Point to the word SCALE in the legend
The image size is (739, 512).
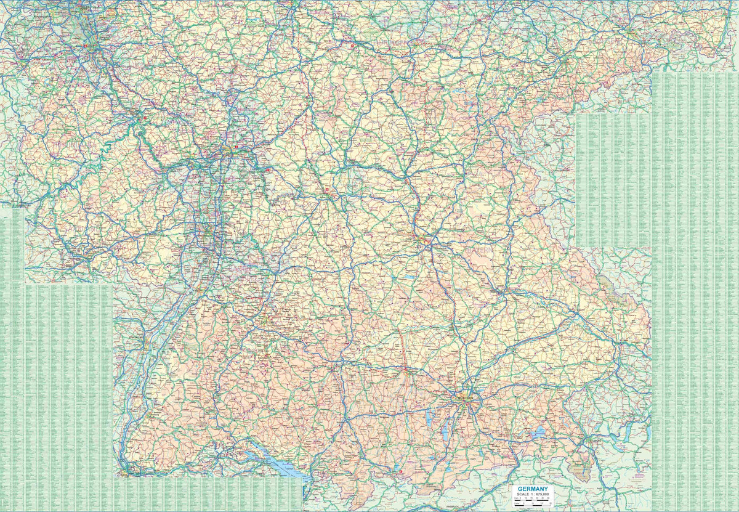pyautogui.click(x=522, y=494)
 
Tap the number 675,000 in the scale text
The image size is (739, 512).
pyautogui.click(x=543, y=494)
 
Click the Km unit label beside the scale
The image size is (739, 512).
pyautogui.click(x=515, y=498)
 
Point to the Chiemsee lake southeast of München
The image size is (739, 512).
pyautogui.click(x=538, y=433)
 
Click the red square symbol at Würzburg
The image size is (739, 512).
pyautogui.click(x=327, y=190)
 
